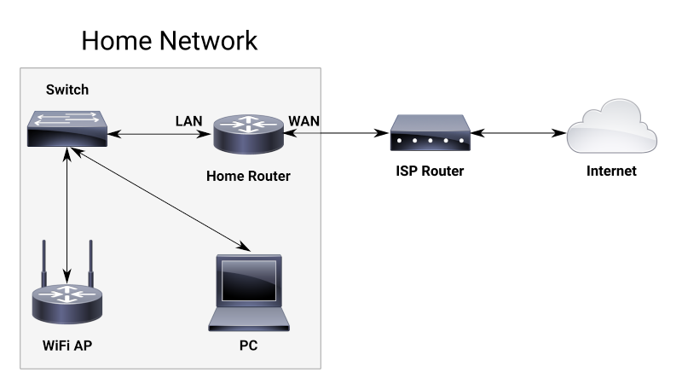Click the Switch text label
pos(67,90)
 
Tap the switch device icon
pos(66,128)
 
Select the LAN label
pos(188,120)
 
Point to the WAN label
pos(304,120)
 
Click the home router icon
pos(248,134)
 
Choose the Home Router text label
pos(248,177)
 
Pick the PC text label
pos(248,347)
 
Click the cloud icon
pos(612,128)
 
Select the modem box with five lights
pos(431,134)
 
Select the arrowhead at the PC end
pos(246,248)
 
